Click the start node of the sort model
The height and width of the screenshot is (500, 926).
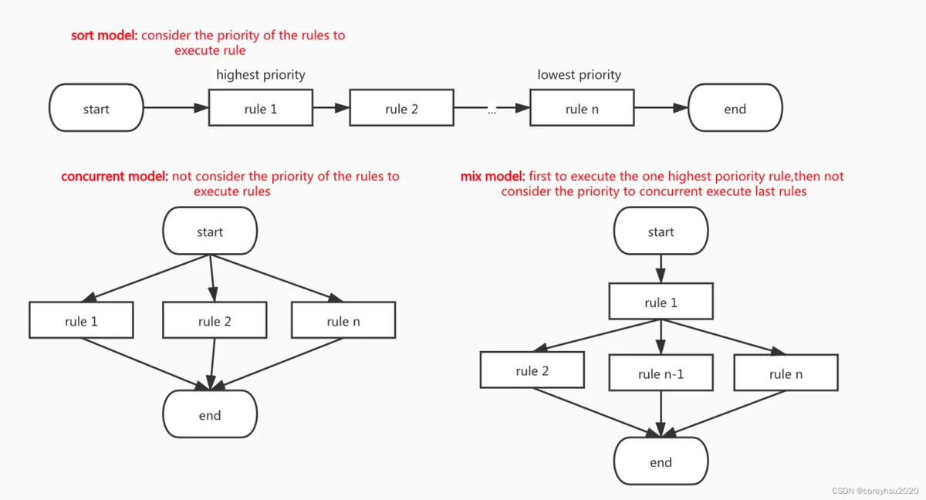tap(96, 108)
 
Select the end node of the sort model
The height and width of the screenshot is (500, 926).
tap(735, 108)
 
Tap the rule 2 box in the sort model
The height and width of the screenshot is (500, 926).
tap(401, 107)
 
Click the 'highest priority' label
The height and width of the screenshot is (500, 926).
tap(261, 75)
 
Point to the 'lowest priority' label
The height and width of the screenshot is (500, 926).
tap(580, 75)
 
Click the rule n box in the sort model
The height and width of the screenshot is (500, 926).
tap(582, 107)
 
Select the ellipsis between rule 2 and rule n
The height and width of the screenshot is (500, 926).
tap(492, 111)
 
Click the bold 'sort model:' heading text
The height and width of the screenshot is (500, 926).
tap(104, 35)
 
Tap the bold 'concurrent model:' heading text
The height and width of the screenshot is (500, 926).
tap(115, 177)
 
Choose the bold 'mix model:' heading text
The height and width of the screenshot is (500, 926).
tap(493, 177)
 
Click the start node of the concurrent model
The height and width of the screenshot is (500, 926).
tap(210, 231)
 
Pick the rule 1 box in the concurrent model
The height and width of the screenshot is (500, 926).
tap(81, 320)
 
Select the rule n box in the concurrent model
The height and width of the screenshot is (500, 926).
tap(343, 320)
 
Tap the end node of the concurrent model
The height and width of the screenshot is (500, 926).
tap(210, 414)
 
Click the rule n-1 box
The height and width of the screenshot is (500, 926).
tap(661, 373)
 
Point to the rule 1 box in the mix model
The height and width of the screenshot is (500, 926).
tap(661, 301)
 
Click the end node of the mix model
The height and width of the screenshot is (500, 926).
tap(661, 461)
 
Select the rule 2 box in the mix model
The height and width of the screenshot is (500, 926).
tap(532, 370)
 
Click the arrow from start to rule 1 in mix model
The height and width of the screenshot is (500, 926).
tap(661, 269)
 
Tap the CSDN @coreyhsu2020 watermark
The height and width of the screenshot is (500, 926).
tap(875, 491)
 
